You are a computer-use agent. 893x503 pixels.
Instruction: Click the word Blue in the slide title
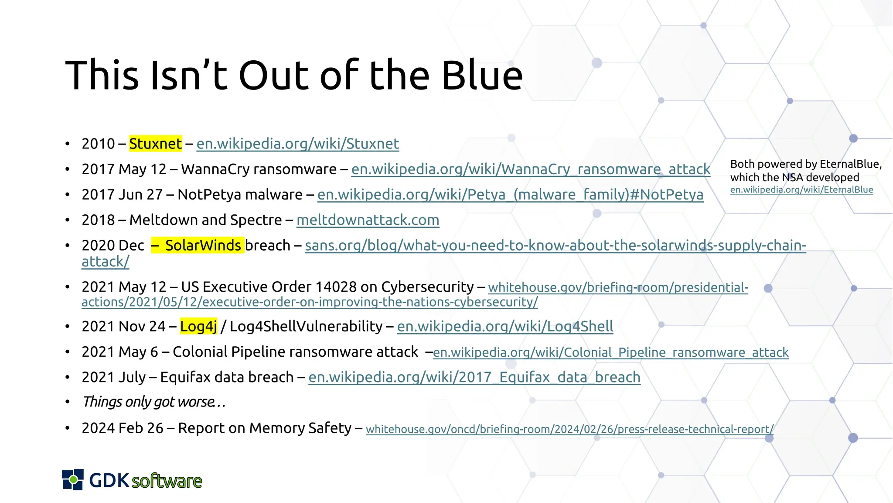click(x=482, y=76)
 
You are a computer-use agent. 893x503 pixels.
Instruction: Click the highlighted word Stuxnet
click(x=155, y=144)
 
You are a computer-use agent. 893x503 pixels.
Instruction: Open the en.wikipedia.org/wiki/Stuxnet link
click(x=297, y=144)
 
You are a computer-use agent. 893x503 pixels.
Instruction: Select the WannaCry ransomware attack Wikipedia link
click(x=530, y=169)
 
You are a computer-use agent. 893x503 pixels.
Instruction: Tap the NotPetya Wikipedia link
click(x=510, y=194)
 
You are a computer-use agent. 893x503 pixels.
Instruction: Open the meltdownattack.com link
click(x=368, y=220)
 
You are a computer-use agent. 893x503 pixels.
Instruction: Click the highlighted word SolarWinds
click(x=203, y=245)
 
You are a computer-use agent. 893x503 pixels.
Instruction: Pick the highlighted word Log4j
click(x=198, y=326)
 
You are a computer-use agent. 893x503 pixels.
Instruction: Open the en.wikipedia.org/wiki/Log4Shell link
click(x=505, y=326)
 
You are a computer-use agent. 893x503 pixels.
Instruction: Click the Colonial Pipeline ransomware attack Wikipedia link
click(x=610, y=352)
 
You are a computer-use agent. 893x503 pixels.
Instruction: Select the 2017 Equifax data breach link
click(x=474, y=377)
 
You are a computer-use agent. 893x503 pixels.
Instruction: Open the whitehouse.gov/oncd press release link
click(x=569, y=429)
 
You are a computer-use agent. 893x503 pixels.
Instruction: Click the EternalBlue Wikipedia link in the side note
click(x=801, y=189)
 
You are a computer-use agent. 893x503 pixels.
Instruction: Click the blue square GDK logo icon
click(x=73, y=479)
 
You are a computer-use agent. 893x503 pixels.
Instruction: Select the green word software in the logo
click(x=167, y=481)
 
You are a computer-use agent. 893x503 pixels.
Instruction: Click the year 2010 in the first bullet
click(x=98, y=144)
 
